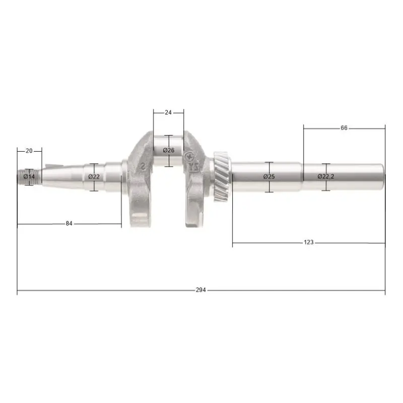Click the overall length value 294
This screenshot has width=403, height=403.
(200, 290)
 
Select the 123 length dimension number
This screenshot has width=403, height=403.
(308, 242)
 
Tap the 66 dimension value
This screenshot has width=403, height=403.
(344, 128)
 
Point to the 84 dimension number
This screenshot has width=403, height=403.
(69, 223)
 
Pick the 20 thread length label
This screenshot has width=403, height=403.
(29, 151)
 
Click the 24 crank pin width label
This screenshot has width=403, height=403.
(168, 112)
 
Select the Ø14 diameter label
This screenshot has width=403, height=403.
(29, 177)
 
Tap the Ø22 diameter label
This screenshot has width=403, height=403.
(94, 177)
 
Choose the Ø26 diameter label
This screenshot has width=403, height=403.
(169, 150)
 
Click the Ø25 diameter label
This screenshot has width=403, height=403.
(269, 176)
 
